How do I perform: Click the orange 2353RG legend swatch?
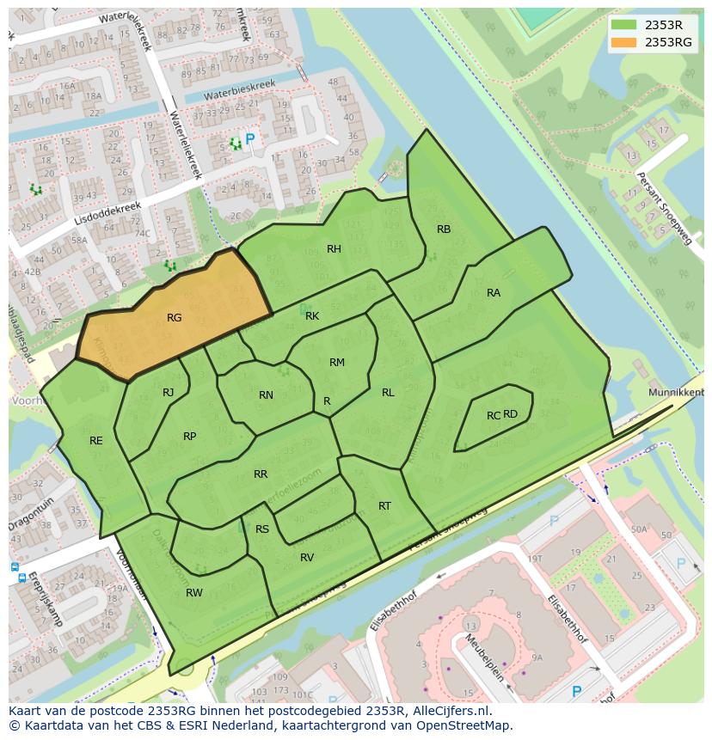[x=625, y=41]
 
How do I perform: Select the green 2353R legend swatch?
[x=625, y=24]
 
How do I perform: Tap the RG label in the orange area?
[x=174, y=318]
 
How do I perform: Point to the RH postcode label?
[x=334, y=249]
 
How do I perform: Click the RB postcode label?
[x=444, y=229]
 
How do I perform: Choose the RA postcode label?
[x=494, y=293]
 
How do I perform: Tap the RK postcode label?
[x=312, y=316]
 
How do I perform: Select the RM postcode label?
[x=337, y=363]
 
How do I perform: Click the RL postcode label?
[x=388, y=393]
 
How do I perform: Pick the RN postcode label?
[x=266, y=395]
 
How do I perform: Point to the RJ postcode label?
[x=169, y=393]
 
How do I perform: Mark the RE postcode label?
[x=96, y=441]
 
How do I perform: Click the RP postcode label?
[x=190, y=437]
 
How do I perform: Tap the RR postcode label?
[x=261, y=474]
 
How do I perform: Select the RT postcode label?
[x=384, y=506]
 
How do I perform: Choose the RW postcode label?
[x=194, y=593]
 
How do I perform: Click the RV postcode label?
[x=307, y=558]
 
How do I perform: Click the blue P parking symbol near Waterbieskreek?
[x=250, y=138]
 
